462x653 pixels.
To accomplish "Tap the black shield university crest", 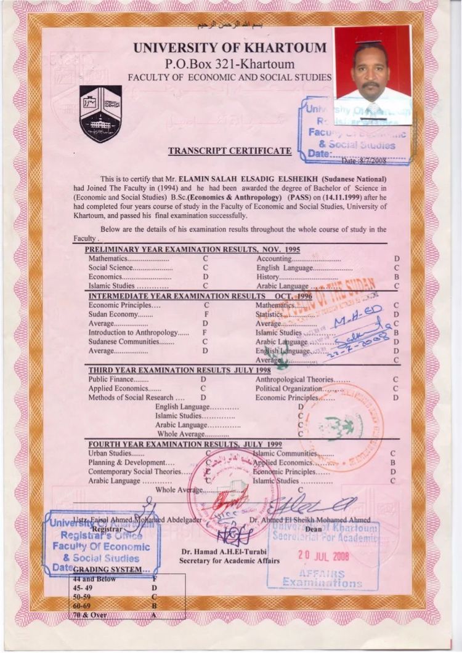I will pyautogui.click(x=100, y=114).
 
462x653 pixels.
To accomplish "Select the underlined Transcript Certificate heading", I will pyautogui.click(x=229, y=151).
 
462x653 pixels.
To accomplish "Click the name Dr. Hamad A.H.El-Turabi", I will pyautogui.click(x=229, y=551).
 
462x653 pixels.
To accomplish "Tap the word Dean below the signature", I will pyautogui.click(x=313, y=529).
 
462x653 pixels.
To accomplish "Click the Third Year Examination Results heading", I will pyautogui.click(x=179, y=371).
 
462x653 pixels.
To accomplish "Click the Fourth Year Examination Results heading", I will pyautogui.click(x=185, y=444).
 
